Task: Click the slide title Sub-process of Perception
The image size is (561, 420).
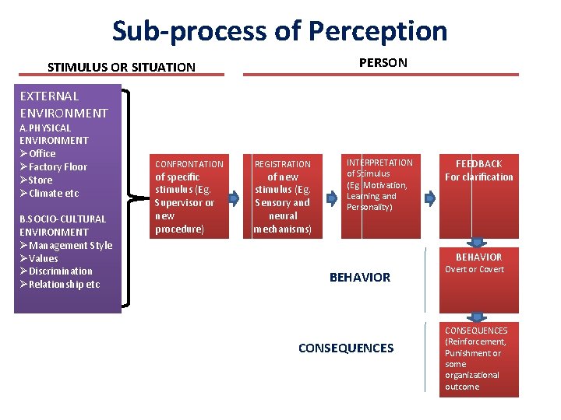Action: click(280, 31)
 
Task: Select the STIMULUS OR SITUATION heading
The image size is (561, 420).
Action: click(121, 67)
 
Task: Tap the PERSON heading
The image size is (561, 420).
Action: click(383, 62)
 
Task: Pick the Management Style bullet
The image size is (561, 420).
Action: click(65, 245)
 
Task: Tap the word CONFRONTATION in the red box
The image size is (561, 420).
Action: click(189, 164)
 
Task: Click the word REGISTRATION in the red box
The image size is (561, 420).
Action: click(283, 164)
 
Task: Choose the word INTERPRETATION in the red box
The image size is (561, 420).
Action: click(379, 163)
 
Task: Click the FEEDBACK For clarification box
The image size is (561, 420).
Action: click(478, 170)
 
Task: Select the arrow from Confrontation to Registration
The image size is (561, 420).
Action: click(234, 197)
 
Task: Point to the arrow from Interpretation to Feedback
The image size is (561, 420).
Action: click(428, 197)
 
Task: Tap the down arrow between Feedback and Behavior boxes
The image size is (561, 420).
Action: click(478, 243)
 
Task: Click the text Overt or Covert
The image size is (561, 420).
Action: click(475, 269)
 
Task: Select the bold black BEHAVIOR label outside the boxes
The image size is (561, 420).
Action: click(360, 277)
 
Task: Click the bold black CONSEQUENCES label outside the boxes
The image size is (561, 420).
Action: click(346, 348)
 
